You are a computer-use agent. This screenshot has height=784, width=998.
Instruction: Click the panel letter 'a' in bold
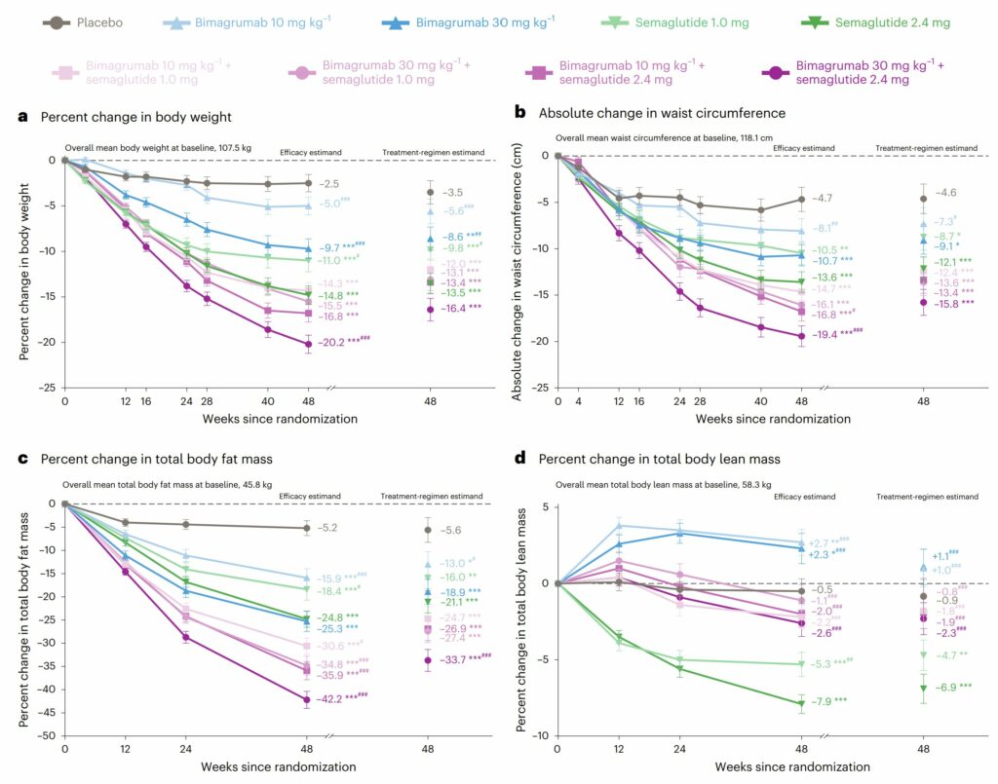pos(22,117)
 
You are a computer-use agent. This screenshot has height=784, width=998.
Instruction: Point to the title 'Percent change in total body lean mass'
pos(672,458)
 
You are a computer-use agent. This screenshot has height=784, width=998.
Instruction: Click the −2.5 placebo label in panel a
pos(330,183)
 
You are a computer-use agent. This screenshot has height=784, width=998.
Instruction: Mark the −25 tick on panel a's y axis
pos(44,387)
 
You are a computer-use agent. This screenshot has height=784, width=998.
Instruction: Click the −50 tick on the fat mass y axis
pos(44,735)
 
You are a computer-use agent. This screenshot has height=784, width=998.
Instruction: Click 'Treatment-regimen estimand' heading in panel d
pos(926,496)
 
